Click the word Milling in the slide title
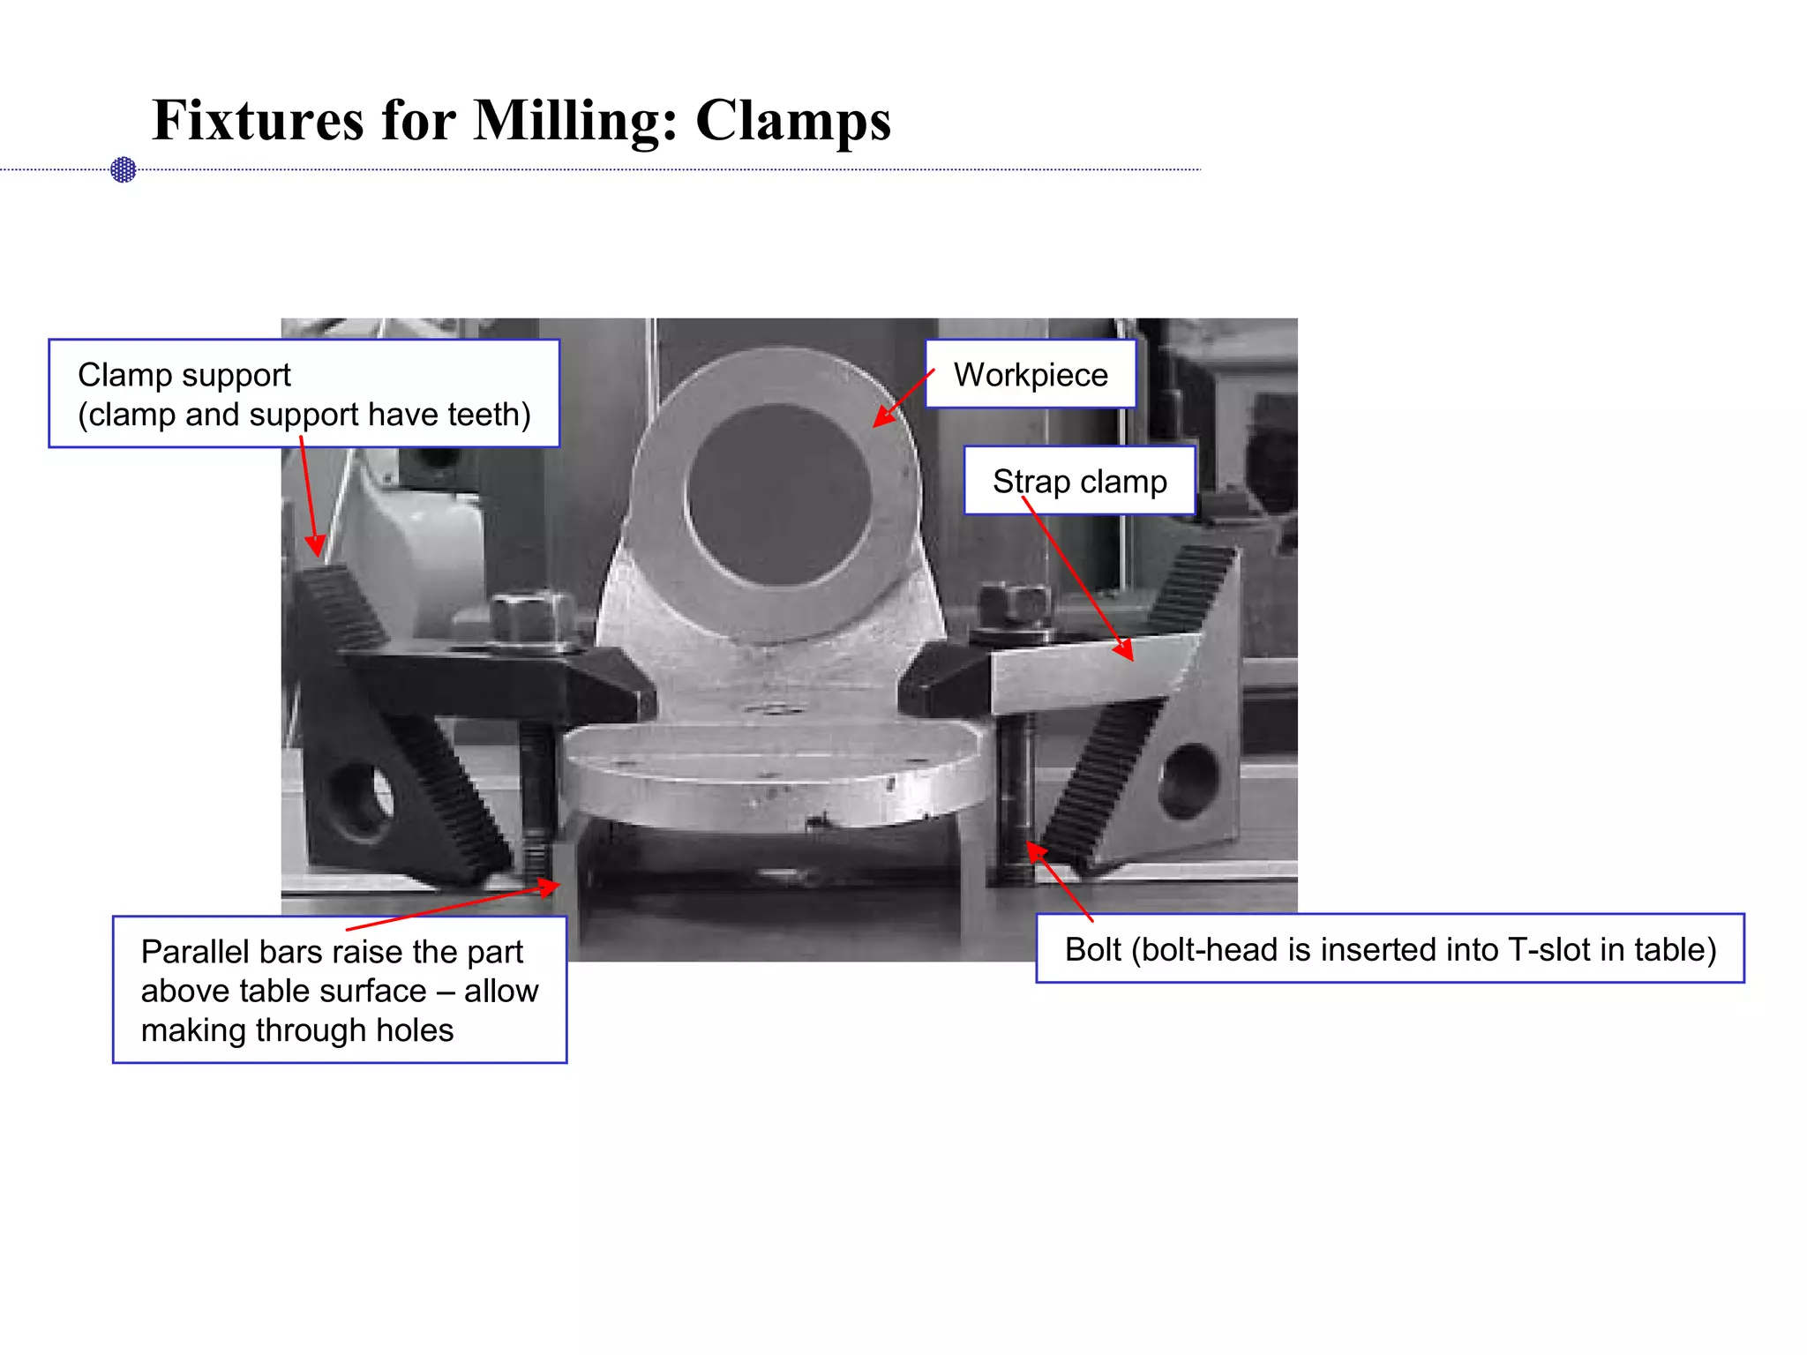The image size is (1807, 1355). pos(575,121)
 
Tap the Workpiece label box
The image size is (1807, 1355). pos(1030,375)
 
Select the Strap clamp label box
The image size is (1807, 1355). pos(1079,482)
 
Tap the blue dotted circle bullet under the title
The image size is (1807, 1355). pos(124,169)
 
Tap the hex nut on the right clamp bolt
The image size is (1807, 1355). pos(1016,604)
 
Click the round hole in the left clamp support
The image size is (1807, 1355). pos(362,798)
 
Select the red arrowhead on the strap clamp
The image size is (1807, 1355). pos(1124,651)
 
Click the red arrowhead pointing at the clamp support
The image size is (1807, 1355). pos(315,546)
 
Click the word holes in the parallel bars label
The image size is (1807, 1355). pos(414,1030)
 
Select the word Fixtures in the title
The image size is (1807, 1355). pos(258,121)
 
